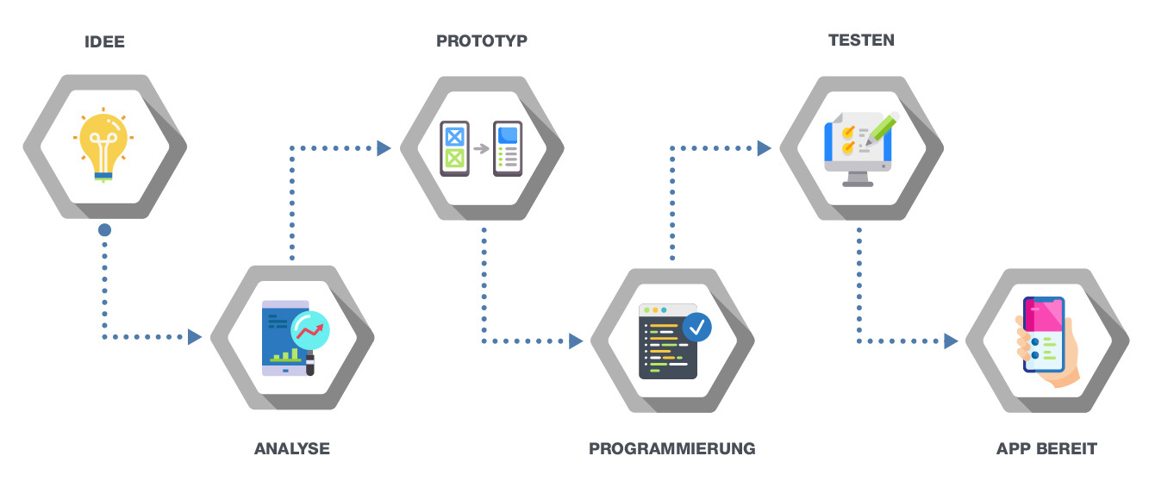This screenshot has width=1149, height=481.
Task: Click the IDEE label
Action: click(x=104, y=41)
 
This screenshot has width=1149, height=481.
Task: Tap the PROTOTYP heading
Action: click(x=482, y=41)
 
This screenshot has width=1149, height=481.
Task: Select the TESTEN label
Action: click(x=861, y=40)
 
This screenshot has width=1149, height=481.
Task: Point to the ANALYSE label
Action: click(x=292, y=449)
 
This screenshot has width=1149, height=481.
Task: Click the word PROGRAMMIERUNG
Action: click(x=672, y=449)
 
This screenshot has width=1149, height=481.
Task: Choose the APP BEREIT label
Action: click(x=1046, y=449)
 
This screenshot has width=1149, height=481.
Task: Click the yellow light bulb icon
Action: click(x=103, y=145)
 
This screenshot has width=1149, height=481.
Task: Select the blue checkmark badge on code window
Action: click(x=697, y=328)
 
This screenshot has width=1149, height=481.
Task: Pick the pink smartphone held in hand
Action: click(x=1044, y=334)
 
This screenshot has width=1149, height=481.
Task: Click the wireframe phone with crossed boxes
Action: click(x=454, y=149)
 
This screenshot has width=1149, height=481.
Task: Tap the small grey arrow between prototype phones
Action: click(x=481, y=149)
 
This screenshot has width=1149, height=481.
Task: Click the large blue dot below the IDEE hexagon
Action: click(x=104, y=230)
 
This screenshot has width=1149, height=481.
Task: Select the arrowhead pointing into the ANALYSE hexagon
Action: click(x=195, y=337)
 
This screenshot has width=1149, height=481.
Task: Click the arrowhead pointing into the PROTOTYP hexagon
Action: click(x=384, y=148)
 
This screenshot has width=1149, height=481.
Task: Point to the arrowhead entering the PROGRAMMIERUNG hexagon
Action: click(x=576, y=341)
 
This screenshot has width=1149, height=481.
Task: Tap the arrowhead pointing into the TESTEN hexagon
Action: click(x=765, y=148)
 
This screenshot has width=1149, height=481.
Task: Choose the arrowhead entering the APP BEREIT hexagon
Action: click(x=951, y=341)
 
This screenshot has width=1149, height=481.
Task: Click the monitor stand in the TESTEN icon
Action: click(x=858, y=179)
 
